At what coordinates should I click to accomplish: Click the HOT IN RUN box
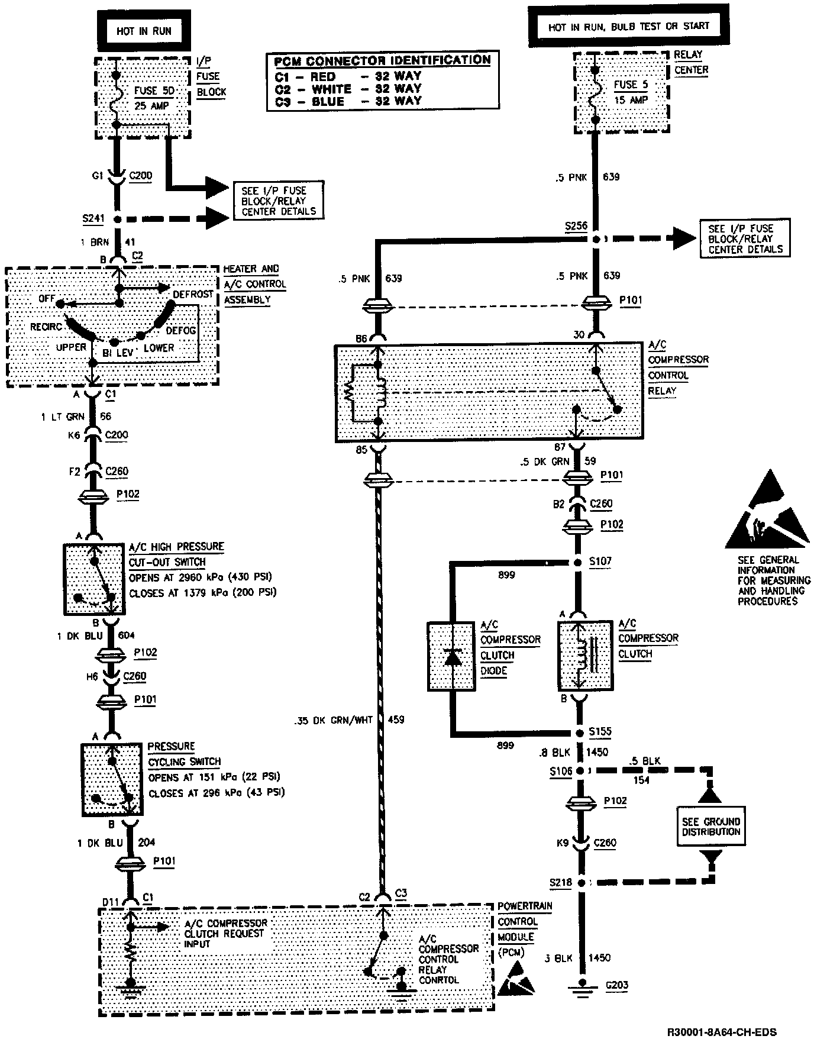tap(144, 31)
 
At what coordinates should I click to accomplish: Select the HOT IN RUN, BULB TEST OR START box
tap(628, 27)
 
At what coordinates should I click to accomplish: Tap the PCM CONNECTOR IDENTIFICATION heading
tap(382, 60)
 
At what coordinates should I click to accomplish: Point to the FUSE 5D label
tap(154, 91)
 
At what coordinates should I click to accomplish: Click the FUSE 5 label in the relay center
tap(631, 85)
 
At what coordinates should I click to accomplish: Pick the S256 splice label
tap(576, 226)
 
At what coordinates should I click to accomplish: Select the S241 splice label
tap(93, 219)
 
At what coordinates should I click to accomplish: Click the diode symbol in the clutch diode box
tap(453, 656)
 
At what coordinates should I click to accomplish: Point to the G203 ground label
tap(616, 985)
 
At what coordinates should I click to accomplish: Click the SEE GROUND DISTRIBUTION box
tap(710, 826)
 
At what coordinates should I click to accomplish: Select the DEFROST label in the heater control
tap(193, 294)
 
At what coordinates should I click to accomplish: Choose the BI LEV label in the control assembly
tap(117, 353)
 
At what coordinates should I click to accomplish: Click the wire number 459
tap(396, 720)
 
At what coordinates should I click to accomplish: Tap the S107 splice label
tap(600, 561)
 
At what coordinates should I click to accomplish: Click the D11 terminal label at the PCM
tap(111, 901)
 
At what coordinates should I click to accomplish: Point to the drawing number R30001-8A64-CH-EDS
tap(722, 1032)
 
